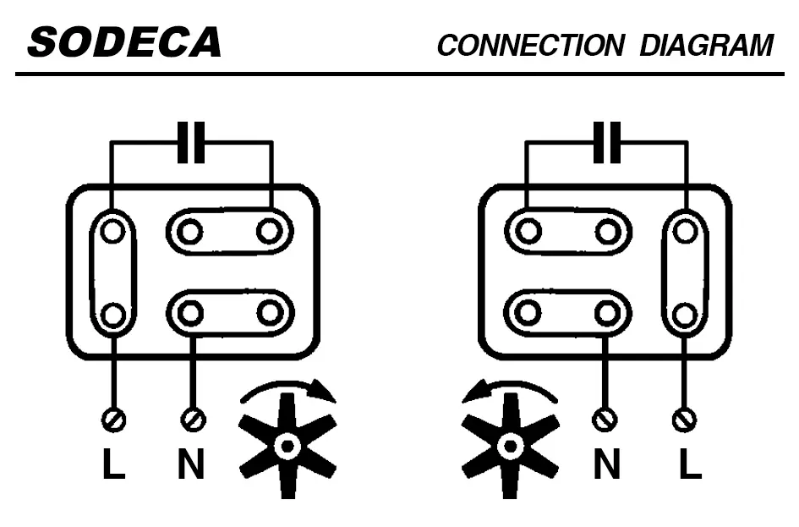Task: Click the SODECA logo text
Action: click(124, 42)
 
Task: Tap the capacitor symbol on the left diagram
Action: click(191, 142)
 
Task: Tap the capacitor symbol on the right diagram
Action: click(606, 142)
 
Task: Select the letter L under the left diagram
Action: click(113, 464)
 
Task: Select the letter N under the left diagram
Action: click(191, 464)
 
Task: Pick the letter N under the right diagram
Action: click(606, 464)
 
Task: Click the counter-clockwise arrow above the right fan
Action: click(509, 388)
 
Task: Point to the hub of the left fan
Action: click(288, 445)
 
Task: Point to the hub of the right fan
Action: click(510, 445)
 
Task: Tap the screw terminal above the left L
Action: click(113, 418)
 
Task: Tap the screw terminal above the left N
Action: click(193, 418)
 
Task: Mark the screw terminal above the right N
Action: click(605, 418)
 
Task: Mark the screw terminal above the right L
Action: click(684, 418)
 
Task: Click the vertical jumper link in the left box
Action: click(112, 272)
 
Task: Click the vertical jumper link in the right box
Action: click(685, 272)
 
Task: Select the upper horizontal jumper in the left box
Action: click(229, 230)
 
